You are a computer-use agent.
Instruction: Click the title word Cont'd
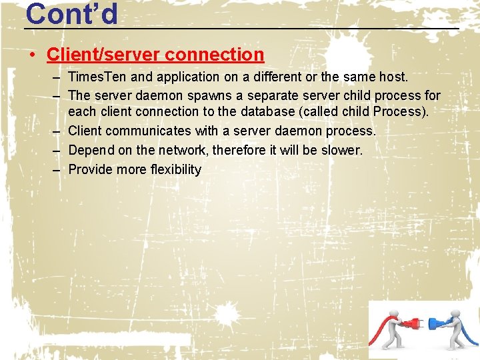71,13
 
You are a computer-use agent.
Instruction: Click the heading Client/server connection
155,54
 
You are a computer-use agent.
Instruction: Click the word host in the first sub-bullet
393,77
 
